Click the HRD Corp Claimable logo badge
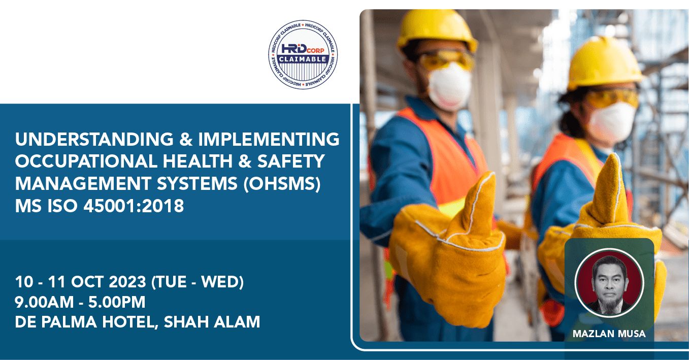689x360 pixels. pos(303,54)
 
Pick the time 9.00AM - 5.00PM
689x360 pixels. pos(80,302)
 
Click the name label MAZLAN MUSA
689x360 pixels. pos(609,334)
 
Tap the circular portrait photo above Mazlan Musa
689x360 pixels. pos(609,282)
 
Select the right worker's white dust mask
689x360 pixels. pos(611,122)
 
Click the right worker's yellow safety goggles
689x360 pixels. pos(612,97)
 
